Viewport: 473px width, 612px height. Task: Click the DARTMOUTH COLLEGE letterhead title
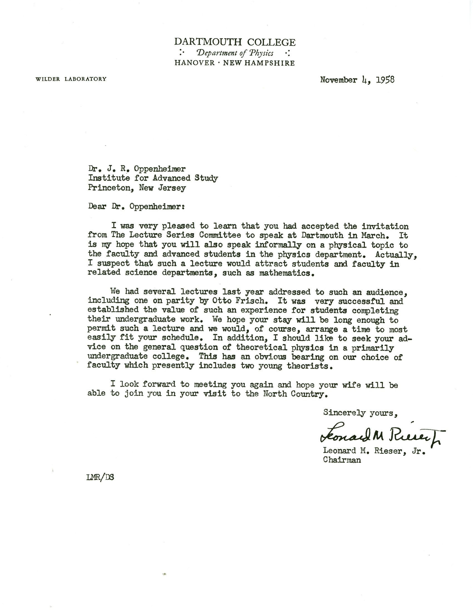pyautogui.click(x=235, y=42)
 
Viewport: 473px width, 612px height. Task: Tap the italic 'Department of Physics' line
pyautogui.click(x=235, y=53)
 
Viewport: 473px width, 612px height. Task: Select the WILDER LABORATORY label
pyautogui.click(x=71, y=79)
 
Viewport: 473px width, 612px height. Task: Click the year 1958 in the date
pyautogui.click(x=385, y=80)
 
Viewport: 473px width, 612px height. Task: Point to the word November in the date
pyautogui.click(x=339, y=80)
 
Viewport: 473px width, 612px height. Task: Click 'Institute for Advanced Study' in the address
pyautogui.click(x=153, y=178)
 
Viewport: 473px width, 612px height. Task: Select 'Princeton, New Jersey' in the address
pyautogui.click(x=137, y=188)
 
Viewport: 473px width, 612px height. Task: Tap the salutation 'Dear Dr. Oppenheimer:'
pyautogui.click(x=136, y=206)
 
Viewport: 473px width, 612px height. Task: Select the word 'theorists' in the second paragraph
pyautogui.click(x=310, y=366)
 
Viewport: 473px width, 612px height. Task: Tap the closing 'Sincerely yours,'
pyautogui.click(x=360, y=413)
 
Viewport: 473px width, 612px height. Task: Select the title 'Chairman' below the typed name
pyautogui.click(x=342, y=460)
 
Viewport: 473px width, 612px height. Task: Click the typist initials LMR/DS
pyautogui.click(x=101, y=477)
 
